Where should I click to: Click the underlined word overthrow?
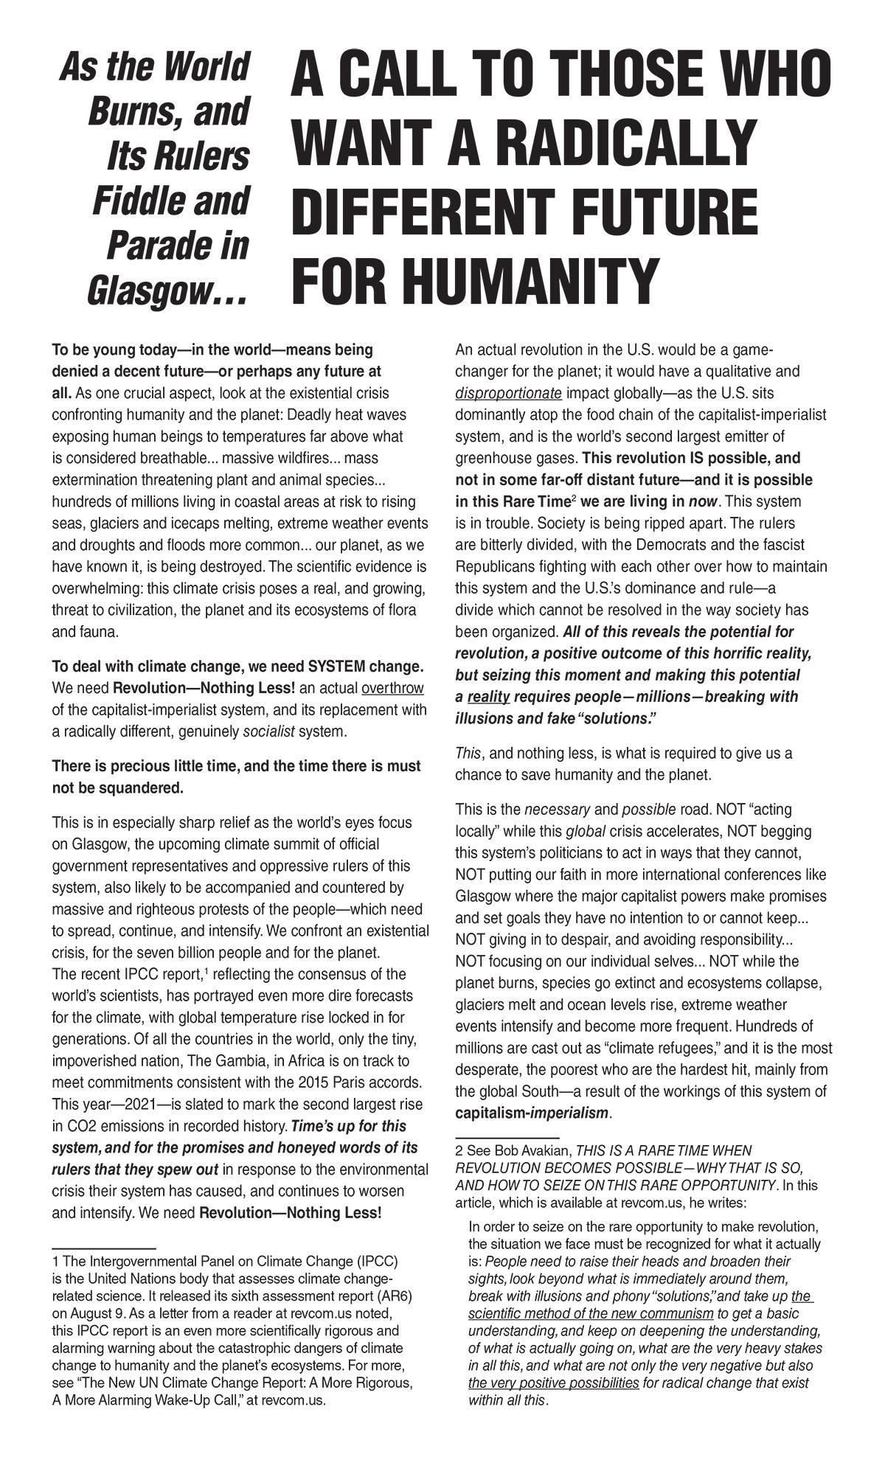(x=393, y=689)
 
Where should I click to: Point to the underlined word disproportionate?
(x=508, y=392)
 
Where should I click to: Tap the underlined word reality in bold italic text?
(x=488, y=697)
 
